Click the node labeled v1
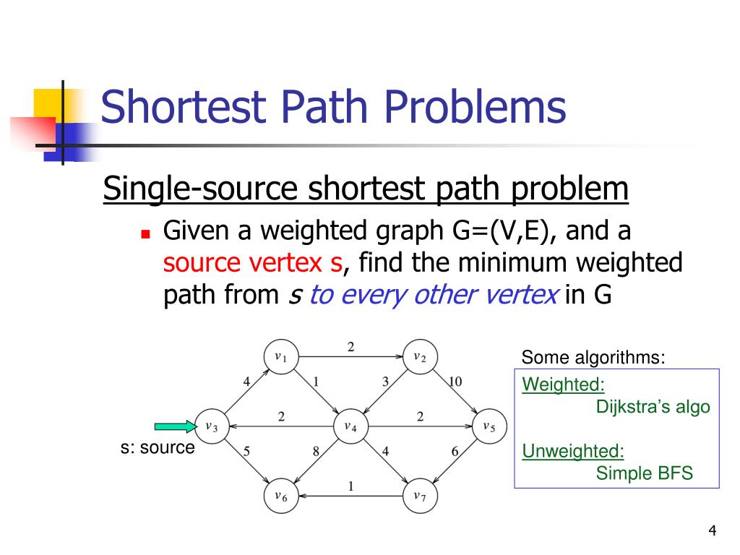[x=281, y=357]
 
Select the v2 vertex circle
[x=420, y=357]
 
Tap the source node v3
[x=212, y=426]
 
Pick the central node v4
[x=350, y=426]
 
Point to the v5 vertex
[x=489, y=426]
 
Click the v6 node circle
[x=281, y=496]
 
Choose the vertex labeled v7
[x=420, y=496]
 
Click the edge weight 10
[x=455, y=382]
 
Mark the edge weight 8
[x=316, y=452]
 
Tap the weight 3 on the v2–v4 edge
[x=385, y=382]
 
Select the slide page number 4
[x=713, y=533]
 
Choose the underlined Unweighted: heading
[x=573, y=452]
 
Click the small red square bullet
[x=145, y=235]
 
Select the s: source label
[x=158, y=448]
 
